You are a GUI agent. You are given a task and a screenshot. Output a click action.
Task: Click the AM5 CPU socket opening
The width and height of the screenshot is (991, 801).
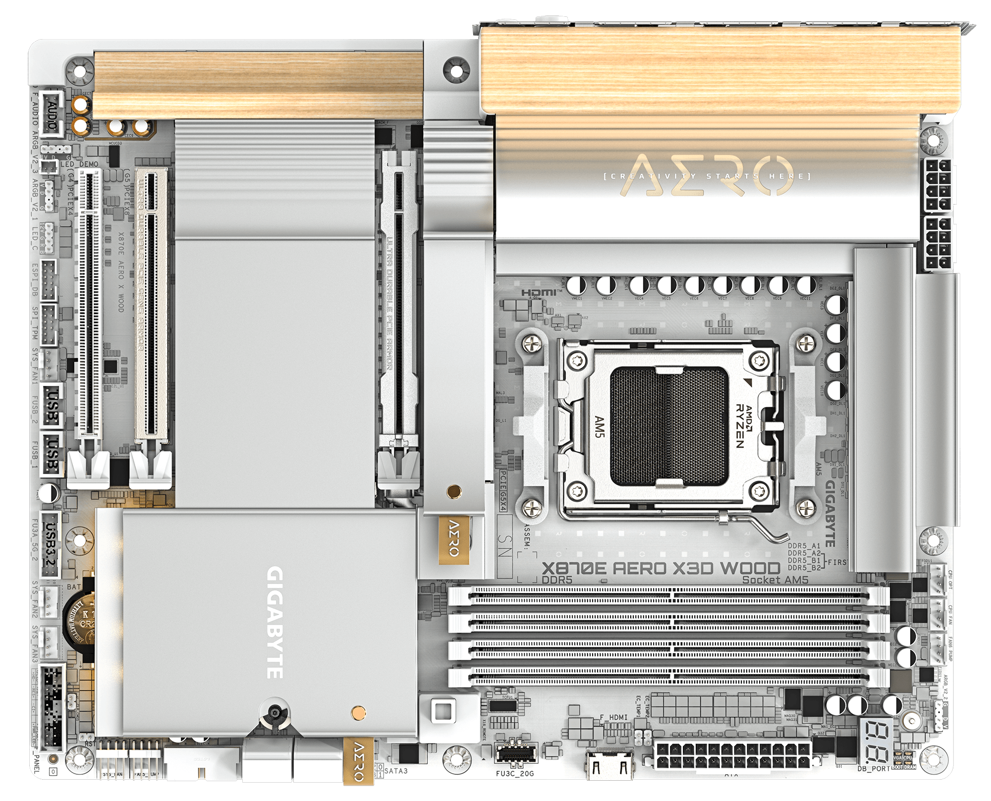(x=669, y=426)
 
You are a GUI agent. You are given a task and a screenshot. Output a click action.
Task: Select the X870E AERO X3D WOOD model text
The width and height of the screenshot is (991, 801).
(x=661, y=568)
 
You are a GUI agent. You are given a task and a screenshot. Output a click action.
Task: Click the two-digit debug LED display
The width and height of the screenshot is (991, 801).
(x=877, y=741)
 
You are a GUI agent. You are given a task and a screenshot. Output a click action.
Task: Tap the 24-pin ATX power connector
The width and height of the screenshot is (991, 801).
(x=732, y=755)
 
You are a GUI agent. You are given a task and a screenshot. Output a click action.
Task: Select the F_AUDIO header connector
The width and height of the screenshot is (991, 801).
(x=52, y=113)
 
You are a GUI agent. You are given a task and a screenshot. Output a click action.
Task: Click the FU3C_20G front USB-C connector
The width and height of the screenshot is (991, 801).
(x=515, y=754)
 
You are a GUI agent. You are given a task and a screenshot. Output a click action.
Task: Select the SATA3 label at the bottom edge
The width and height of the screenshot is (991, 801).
(x=396, y=771)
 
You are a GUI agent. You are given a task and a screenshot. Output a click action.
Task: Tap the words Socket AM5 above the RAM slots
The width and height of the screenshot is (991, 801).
(x=775, y=580)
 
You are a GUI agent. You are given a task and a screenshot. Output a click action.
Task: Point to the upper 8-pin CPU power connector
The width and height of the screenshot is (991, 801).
(x=938, y=184)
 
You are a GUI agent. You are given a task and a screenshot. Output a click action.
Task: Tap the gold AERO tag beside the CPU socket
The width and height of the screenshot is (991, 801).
(x=453, y=539)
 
